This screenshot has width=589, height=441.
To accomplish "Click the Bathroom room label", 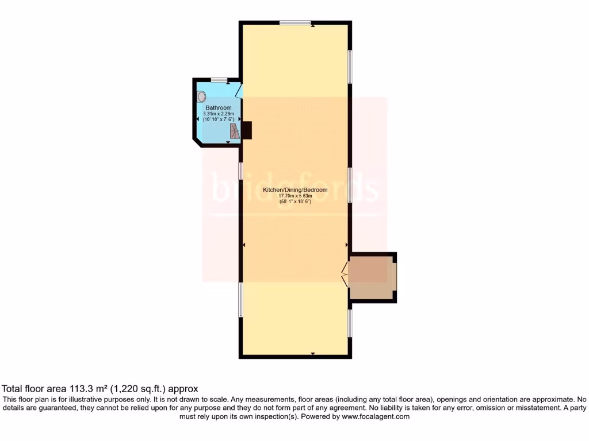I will (219, 108).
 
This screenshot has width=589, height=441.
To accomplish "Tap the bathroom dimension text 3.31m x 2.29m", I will (219, 114).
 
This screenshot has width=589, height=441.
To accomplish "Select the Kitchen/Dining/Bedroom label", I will (295, 190).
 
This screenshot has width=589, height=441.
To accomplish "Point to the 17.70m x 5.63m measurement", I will (295, 196).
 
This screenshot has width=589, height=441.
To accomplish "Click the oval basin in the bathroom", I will (201, 96).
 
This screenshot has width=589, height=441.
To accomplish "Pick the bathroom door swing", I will (238, 91).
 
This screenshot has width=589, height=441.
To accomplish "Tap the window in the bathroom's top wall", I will (219, 79).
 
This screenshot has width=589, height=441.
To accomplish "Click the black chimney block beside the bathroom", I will (247, 130).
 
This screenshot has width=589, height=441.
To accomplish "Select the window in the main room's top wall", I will (295, 22).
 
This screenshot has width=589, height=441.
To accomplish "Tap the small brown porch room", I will (372, 277).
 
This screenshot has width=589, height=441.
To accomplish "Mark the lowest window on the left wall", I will (240, 299).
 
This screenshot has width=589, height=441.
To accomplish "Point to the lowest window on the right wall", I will (350, 323).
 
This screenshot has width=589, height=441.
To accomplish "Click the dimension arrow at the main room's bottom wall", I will (312, 353).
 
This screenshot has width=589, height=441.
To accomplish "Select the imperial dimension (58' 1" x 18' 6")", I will (295, 202).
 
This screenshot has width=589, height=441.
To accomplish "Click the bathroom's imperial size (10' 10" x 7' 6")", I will (219, 119).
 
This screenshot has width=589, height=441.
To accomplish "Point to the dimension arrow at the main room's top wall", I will (312, 26).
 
